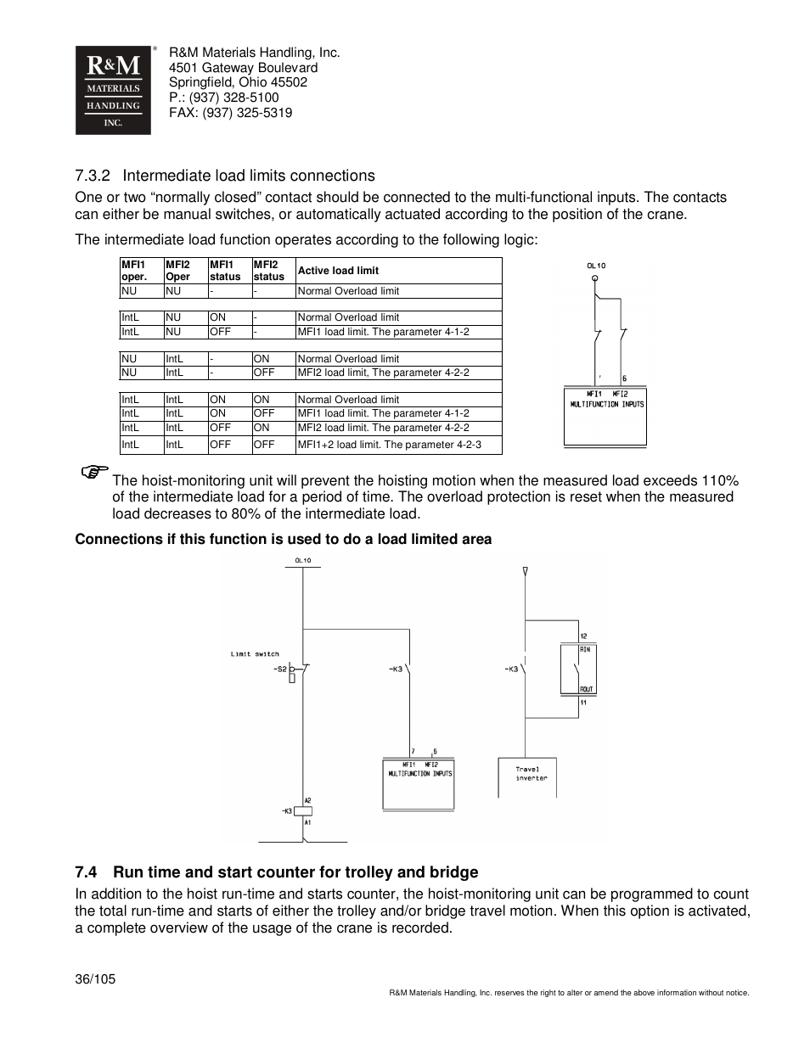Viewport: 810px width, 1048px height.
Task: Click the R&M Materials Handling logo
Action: point(113,90)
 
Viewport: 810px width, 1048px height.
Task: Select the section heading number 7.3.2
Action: point(93,176)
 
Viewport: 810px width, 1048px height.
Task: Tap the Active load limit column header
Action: point(338,271)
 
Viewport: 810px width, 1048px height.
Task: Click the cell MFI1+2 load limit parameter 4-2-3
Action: point(389,445)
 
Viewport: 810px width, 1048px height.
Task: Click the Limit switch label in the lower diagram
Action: point(255,654)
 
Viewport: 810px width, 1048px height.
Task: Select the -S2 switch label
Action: point(279,669)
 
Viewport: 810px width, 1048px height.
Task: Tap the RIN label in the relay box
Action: point(585,649)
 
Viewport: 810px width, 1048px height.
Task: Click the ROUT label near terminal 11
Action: point(586,689)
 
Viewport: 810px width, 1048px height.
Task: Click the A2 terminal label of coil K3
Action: point(307,800)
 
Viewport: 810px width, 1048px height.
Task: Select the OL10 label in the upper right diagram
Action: point(596,265)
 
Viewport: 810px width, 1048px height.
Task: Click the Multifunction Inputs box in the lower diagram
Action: point(419,782)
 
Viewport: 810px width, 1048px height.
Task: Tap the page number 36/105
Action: point(95,978)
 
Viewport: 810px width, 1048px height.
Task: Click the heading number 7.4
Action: point(85,872)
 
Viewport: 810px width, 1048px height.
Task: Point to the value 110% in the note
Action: point(720,480)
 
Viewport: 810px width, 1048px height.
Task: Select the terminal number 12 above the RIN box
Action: point(583,636)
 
